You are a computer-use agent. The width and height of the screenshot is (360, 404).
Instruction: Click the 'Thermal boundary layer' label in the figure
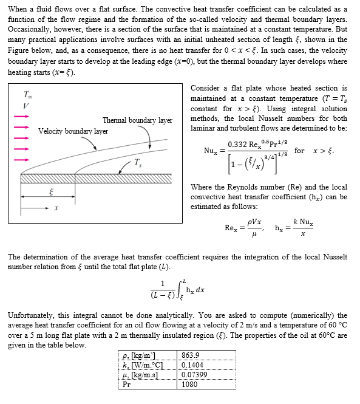[x=137, y=120]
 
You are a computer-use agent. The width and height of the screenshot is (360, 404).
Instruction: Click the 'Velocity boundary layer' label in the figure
[x=73, y=131]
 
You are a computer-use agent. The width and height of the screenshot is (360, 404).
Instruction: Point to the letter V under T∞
[x=26, y=107]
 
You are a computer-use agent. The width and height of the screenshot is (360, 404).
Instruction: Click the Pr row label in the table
[x=127, y=385]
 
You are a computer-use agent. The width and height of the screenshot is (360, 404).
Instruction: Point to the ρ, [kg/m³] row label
[x=139, y=355]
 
